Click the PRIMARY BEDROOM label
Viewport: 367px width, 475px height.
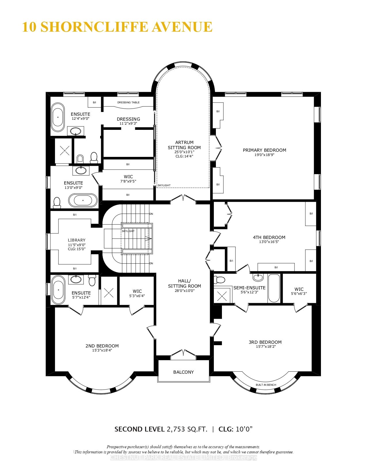(264, 150)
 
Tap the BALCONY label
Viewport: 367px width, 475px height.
(183, 372)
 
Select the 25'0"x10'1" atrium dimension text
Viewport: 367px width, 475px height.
(184, 152)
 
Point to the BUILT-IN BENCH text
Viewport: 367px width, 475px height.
(266, 385)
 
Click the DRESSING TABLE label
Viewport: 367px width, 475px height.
(128, 102)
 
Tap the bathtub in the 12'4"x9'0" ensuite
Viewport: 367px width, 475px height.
(58, 117)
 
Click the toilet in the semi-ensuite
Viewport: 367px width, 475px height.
(220, 280)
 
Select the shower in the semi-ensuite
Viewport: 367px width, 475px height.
(222, 295)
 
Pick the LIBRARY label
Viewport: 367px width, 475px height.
(77, 240)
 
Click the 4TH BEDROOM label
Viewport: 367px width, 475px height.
(269, 238)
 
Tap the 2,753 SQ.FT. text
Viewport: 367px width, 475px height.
(187, 429)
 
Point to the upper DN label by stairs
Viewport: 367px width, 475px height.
(151, 214)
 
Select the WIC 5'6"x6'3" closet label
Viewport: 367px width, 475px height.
(299, 289)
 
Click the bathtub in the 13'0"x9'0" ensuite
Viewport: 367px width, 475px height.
(83, 200)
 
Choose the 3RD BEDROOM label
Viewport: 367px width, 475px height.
(265, 342)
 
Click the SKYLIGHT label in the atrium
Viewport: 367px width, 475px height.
(164, 185)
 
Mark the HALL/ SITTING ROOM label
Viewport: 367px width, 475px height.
(185, 283)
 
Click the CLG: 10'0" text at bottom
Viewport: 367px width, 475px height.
(235, 429)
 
